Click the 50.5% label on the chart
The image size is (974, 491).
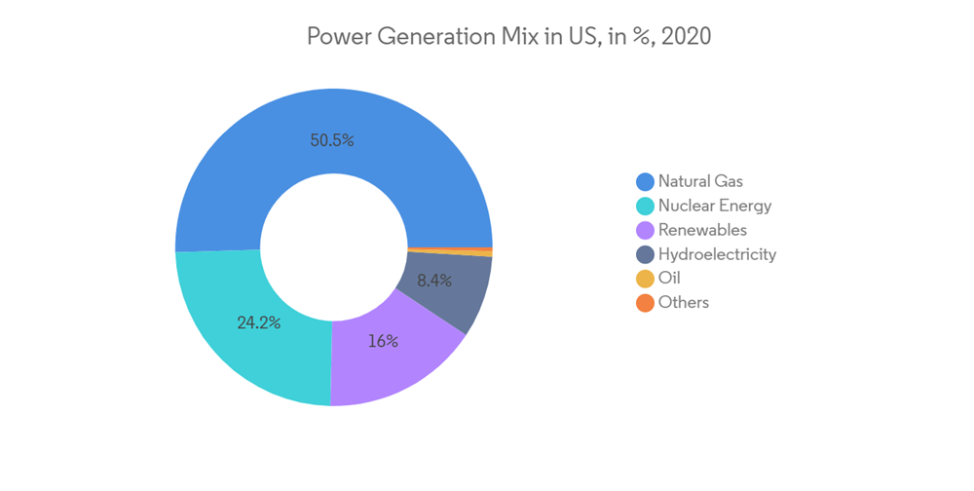coord(332,140)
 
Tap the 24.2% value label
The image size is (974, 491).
coord(259,322)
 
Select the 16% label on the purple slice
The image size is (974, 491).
coord(383,341)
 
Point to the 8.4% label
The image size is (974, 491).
coord(434,281)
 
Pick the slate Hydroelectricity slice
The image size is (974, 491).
coord(453,292)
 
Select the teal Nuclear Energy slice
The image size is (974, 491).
coord(243,331)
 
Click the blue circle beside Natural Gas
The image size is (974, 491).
coord(645,182)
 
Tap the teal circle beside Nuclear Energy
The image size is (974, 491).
coord(645,207)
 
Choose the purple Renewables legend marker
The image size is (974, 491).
coord(645,231)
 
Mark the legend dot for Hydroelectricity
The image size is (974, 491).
coord(645,255)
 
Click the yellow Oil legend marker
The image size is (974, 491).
coord(645,280)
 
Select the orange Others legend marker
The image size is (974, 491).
coord(645,303)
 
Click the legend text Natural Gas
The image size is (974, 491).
coord(700,181)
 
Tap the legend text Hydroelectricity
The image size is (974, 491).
coord(717,254)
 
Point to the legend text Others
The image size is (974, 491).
coord(684,302)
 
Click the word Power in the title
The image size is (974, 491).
coord(334,37)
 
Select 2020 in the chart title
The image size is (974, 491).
coord(685,37)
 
